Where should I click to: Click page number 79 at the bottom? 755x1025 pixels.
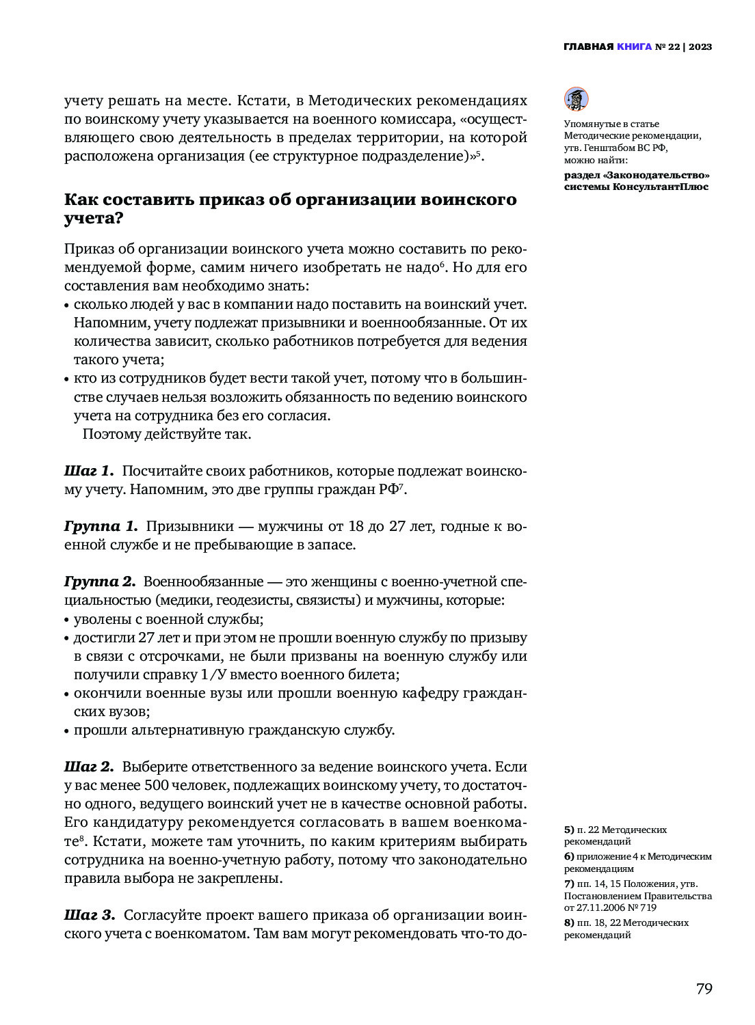(704, 988)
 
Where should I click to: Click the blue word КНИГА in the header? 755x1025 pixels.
(634, 47)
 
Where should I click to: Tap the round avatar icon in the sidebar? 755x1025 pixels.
(576, 99)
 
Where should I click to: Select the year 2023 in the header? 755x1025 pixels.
(700, 47)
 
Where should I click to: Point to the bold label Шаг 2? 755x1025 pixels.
(89, 767)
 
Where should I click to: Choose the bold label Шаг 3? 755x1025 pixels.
(90, 915)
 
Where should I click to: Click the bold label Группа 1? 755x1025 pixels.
(101, 526)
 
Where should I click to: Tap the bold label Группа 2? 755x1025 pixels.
(100, 582)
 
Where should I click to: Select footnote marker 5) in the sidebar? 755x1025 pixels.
(569, 830)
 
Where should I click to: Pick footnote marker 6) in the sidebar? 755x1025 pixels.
(569, 856)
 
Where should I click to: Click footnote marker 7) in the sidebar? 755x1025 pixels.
(569, 884)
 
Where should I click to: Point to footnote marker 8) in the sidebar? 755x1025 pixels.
(569, 922)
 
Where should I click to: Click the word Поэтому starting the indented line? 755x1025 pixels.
(111, 434)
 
